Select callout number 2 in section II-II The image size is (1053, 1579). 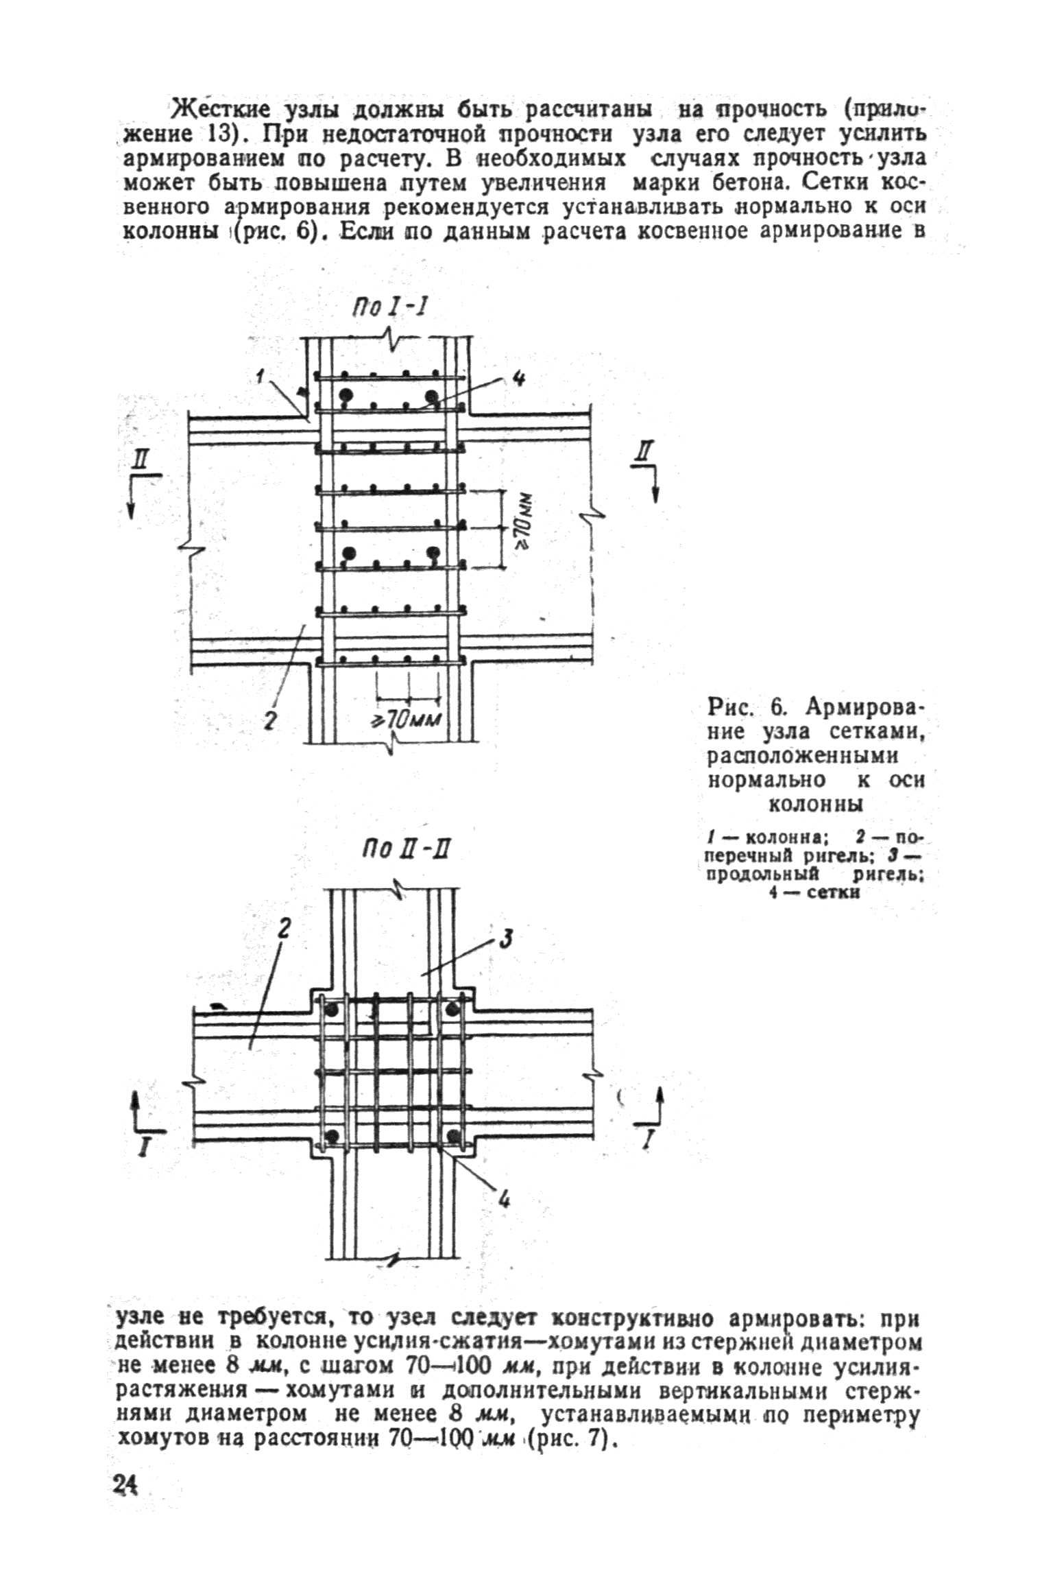[282, 929]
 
